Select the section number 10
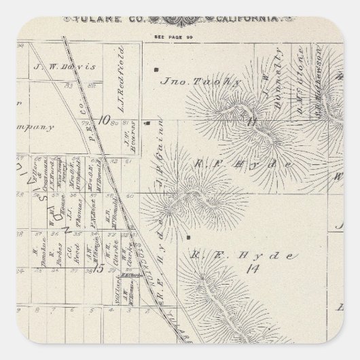tap(103, 120)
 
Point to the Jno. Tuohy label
tap(191, 81)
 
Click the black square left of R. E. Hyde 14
tap(185, 238)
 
